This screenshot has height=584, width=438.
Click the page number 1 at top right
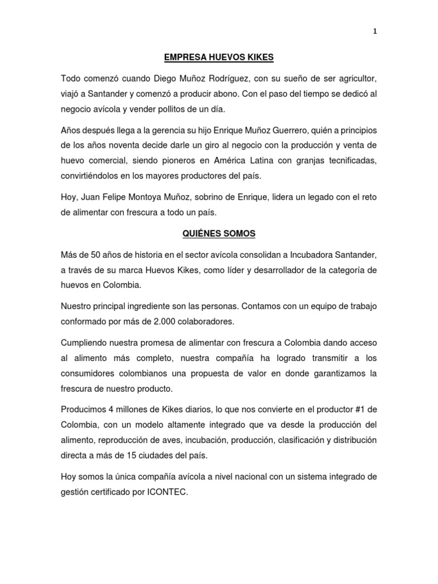tap(375, 32)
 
